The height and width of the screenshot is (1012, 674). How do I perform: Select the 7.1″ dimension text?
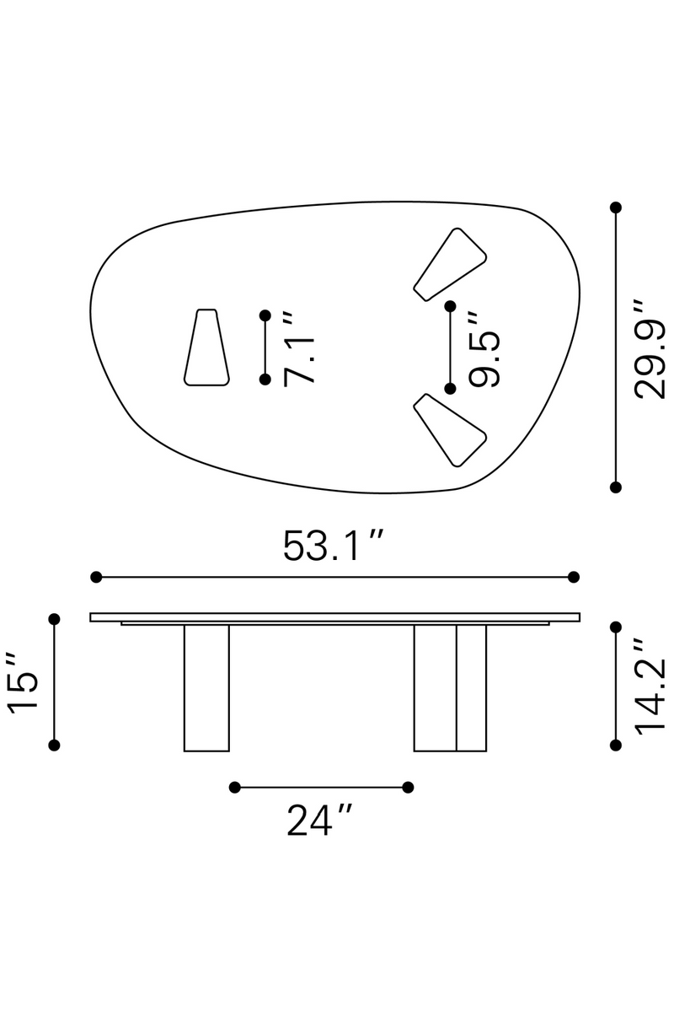pos(300,348)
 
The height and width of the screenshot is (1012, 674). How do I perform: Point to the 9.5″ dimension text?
pos(485,348)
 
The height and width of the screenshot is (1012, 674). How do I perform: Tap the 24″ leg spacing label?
pos(319,820)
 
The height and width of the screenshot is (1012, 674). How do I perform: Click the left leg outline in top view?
pos(206,348)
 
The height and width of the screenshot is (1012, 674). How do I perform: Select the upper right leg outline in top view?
pos(451,264)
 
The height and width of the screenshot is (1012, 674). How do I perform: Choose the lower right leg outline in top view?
pos(450,429)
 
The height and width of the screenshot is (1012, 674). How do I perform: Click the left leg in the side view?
pos(206,687)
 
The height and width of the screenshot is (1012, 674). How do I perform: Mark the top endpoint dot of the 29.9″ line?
pos(616,207)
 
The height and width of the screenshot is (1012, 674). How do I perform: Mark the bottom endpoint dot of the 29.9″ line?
pos(616,487)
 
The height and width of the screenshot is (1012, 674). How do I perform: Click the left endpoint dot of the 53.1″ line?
pos(96,577)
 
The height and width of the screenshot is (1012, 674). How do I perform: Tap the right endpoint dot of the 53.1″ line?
pos(574,577)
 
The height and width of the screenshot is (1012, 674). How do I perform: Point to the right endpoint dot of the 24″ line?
pos(408,787)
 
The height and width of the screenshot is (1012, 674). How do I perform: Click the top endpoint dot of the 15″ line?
pos(55,619)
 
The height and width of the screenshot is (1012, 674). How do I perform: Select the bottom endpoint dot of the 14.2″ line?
pos(616,745)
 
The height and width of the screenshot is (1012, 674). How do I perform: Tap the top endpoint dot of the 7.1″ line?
pos(265,315)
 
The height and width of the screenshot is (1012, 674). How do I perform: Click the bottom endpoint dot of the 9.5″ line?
pos(451,389)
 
